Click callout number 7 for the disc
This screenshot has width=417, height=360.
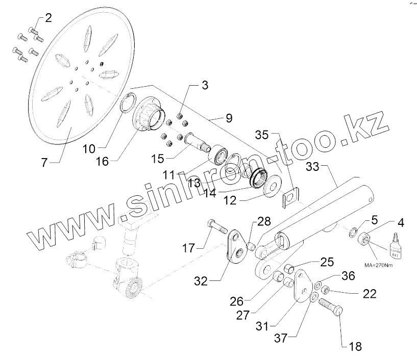(44, 163)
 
